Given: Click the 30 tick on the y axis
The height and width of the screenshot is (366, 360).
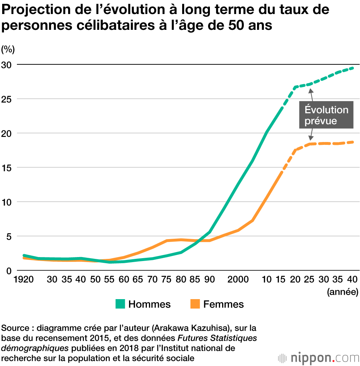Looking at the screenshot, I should (7, 65).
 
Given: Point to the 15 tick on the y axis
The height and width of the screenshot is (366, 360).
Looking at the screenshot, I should (7, 168).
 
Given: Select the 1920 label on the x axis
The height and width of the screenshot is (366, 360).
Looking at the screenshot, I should (24, 279).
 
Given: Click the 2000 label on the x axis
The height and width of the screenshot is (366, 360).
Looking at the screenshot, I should (238, 279).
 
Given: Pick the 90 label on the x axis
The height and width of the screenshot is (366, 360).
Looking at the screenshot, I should (209, 279).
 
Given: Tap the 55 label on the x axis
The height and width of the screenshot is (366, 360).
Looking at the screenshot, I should (109, 279).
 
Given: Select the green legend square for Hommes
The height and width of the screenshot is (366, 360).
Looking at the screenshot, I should (120, 304).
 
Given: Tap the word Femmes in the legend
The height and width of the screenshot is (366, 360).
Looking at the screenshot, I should (224, 305).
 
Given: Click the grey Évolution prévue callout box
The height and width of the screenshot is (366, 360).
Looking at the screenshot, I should (326, 115).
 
